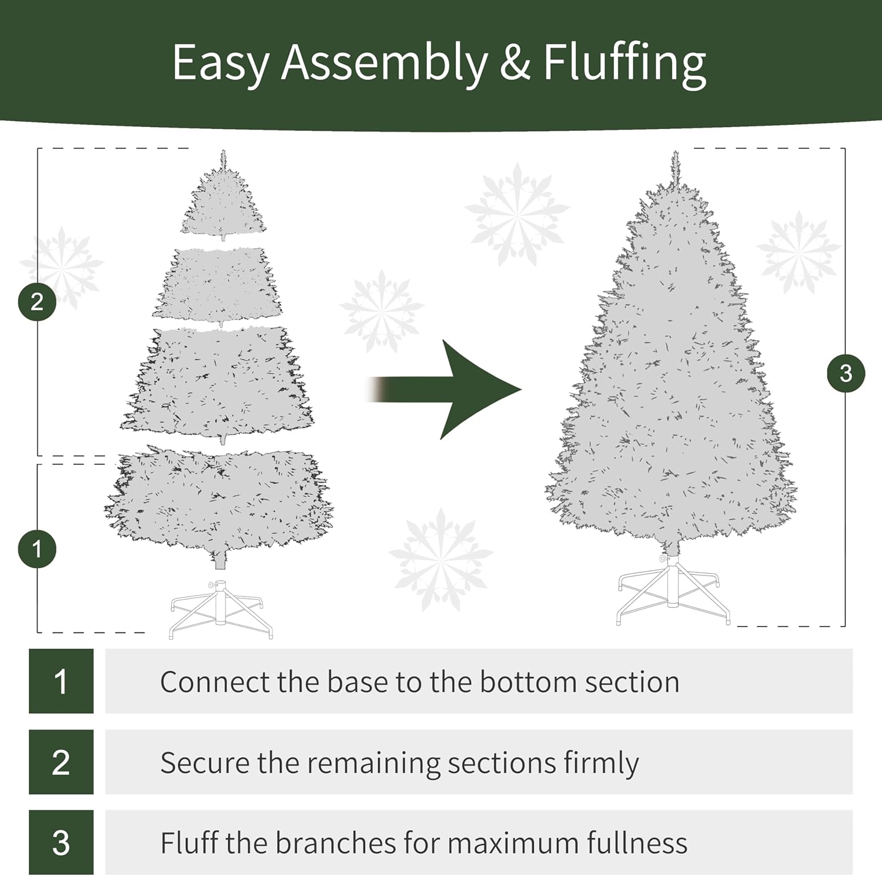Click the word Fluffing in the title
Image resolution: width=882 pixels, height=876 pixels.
point(624,64)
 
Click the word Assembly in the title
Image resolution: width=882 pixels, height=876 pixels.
point(385,64)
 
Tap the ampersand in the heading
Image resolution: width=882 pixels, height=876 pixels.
point(516,63)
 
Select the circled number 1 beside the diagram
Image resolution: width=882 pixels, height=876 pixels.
point(37,549)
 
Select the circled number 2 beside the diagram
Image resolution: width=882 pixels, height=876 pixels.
point(37,302)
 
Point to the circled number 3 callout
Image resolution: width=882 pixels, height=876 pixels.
point(846,373)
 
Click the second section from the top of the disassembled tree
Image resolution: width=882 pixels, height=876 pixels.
point(218,285)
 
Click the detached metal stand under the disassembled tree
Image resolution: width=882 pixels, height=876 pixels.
point(221,609)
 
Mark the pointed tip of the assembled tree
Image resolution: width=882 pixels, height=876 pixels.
point(675,151)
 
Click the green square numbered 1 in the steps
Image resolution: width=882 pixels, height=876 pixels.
point(61,681)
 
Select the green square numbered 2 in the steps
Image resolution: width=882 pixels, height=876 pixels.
point(61,762)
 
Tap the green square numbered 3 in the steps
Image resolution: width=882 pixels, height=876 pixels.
point(61,842)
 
